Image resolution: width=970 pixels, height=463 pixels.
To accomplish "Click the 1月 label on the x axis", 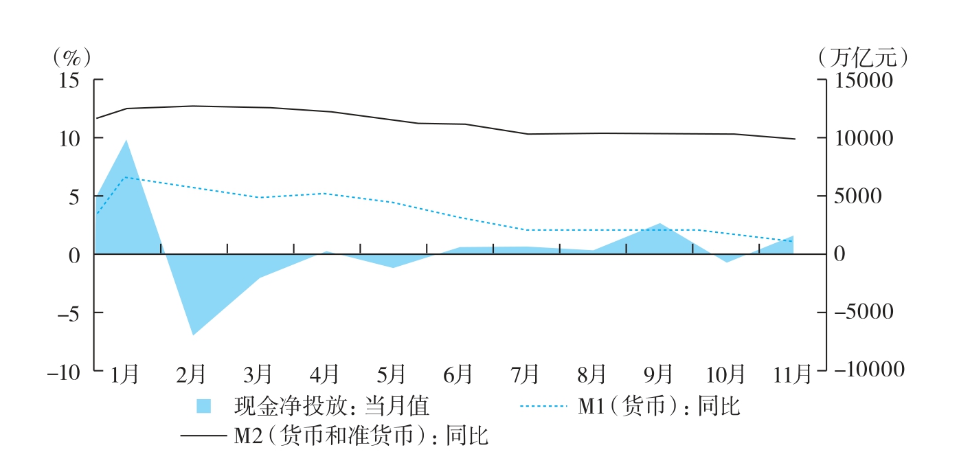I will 125,375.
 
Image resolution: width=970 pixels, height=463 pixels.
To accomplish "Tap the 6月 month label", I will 458,375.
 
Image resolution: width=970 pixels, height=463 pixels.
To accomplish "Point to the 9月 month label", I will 658,375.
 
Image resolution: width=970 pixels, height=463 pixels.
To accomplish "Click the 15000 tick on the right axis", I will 865,80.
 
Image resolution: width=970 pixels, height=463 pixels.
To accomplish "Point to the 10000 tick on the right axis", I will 865,139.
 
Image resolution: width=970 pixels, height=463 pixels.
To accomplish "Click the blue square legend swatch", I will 204,407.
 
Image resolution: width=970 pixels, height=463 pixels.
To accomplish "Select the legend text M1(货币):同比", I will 659,407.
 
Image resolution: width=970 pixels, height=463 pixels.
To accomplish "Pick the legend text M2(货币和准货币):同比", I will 361,436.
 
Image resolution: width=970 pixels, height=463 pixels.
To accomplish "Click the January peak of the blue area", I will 126,140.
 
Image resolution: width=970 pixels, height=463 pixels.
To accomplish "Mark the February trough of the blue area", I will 193,335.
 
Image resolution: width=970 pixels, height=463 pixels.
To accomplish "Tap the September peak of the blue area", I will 659,223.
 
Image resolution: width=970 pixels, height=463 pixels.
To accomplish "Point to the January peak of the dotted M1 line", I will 126,177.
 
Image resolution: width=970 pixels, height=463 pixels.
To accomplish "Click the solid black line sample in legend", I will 203,436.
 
